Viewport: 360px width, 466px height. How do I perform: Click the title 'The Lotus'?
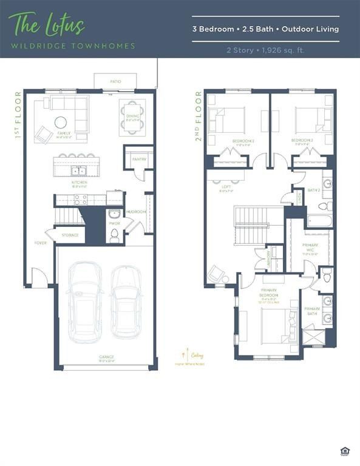tap(46, 25)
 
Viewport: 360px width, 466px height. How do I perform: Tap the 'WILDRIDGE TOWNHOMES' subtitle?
tap(72, 46)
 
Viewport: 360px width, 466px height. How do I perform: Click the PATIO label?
tap(115, 80)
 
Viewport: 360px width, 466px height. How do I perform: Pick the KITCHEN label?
tap(79, 182)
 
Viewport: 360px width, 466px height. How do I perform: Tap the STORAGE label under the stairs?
tap(70, 235)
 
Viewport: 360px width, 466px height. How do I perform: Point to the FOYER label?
tap(40, 243)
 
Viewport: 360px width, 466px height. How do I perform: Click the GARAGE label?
tap(107, 357)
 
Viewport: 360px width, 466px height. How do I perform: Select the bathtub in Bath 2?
tap(318, 220)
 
